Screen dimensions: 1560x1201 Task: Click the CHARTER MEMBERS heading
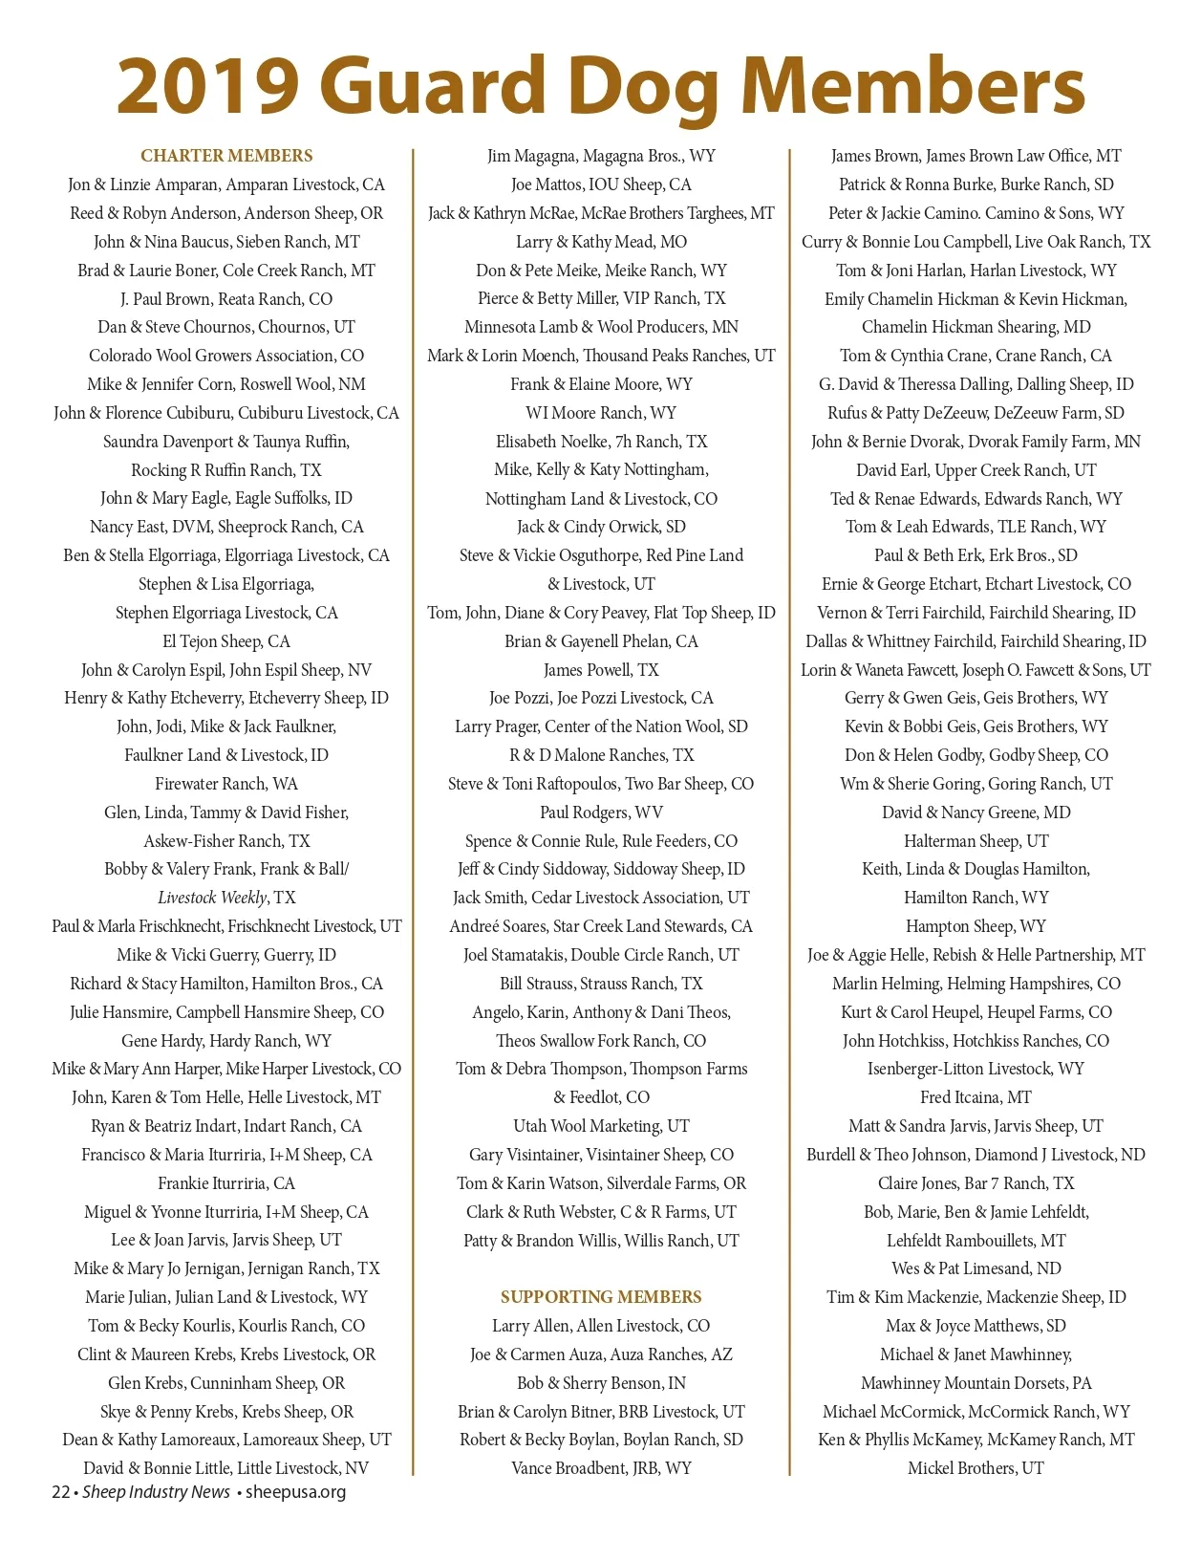(226, 156)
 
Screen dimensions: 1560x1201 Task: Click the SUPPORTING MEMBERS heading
(601, 1297)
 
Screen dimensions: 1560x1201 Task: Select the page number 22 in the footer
(60, 1492)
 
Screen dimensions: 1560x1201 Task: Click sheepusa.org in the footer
(295, 1492)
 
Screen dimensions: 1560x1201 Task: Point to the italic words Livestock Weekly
(212, 898)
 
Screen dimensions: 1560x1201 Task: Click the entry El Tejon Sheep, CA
(226, 641)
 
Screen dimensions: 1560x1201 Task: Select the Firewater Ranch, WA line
(226, 784)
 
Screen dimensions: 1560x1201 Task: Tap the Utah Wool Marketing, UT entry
(601, 1126)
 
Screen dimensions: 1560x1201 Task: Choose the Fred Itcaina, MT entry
(976, 1097)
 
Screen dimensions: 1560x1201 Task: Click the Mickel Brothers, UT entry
(976, 1468)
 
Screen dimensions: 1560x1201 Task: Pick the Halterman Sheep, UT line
(976, 841)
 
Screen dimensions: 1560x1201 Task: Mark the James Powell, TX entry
(601, 670)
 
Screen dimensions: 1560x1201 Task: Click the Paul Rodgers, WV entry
(601, 812)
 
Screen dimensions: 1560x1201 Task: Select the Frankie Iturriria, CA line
(226, 1183)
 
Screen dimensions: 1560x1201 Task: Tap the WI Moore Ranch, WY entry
(601, 413)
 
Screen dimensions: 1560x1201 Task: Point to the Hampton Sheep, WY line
(976, 926)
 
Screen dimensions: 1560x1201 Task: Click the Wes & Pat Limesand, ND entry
(976, 1268)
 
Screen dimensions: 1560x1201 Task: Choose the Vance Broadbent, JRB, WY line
(601, 1468)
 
